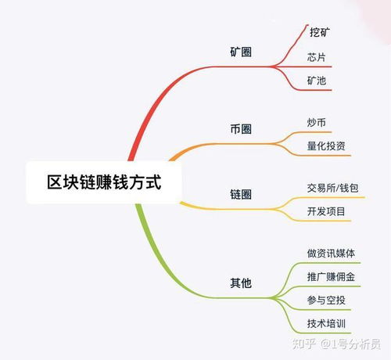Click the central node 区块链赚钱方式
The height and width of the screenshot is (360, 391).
(104, 182)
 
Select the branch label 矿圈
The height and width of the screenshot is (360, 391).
(241, 52)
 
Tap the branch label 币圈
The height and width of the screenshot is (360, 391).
(241, 129)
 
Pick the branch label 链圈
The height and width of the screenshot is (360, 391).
(241, 195)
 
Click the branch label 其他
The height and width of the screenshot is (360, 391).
(241, 283)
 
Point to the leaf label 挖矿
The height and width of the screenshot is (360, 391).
(320, 32)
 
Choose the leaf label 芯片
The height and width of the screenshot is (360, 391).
(317, 57)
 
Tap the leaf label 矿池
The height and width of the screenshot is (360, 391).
(317, 81)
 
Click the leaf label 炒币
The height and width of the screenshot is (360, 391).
(317, 122)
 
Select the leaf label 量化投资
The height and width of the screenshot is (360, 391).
(326, 146)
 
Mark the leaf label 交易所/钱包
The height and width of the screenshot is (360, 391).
(332, 188)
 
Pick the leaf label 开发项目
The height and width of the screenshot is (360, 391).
(326, 211)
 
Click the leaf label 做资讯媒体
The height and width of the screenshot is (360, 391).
(331, 254)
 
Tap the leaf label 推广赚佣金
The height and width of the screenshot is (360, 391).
(331, 277)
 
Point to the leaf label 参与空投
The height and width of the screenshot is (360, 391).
(326, 301)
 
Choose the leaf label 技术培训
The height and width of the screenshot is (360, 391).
(326, 324)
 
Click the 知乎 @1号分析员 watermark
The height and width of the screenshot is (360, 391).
(336, 344)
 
